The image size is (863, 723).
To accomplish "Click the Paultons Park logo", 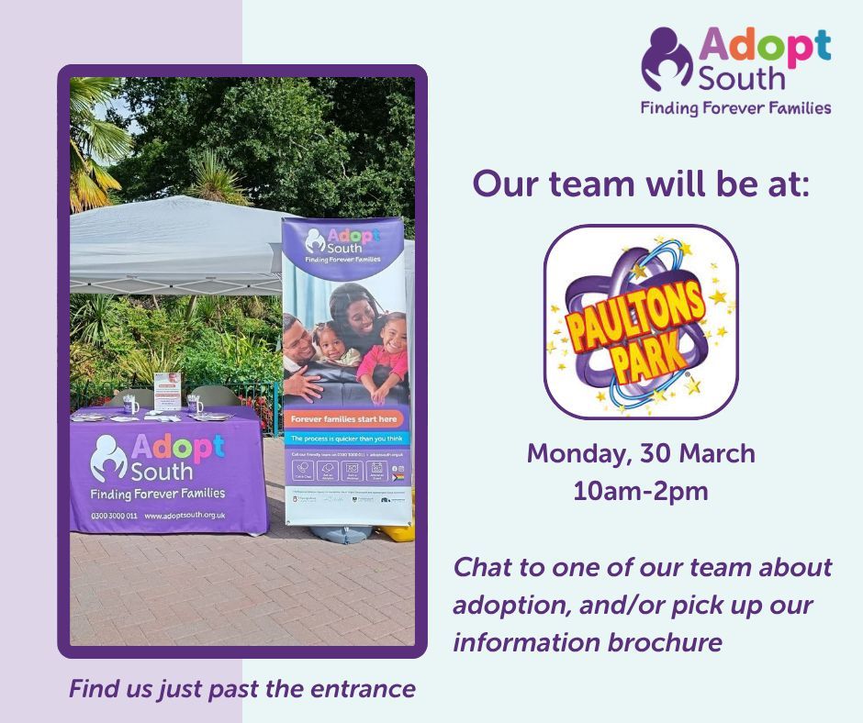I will [x=641, y=322].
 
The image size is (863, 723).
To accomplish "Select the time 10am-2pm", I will [x=641, y=491].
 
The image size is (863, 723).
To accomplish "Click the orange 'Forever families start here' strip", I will [x=343, y=418].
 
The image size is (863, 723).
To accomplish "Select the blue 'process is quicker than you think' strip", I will [x=343, y=439].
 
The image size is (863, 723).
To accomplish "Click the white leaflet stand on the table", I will [x=165, y=391].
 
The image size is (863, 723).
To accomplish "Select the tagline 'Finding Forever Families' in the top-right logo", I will [x=735, y=107].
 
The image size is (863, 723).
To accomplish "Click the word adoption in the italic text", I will [x=506, y=606].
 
